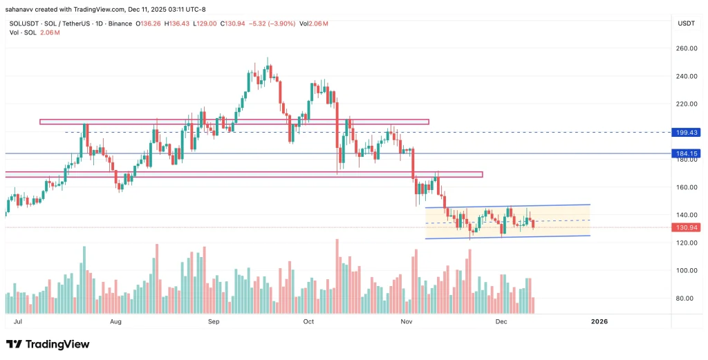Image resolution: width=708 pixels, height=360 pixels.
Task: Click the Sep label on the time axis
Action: tap(214, 322)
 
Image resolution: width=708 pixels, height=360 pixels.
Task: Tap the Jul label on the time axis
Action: tap(17, 322)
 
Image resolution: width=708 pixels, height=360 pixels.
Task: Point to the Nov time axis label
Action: tap(407, 322)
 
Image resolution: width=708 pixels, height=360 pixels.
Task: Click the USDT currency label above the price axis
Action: tap(685, 23)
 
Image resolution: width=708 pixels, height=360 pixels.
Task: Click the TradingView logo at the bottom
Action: tap(48, 344)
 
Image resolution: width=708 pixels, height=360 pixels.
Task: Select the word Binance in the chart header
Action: tap(120, 23)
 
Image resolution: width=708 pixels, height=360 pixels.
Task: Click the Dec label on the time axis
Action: tap(502, 322)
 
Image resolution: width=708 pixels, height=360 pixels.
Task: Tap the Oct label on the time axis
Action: tap(309, 322)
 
